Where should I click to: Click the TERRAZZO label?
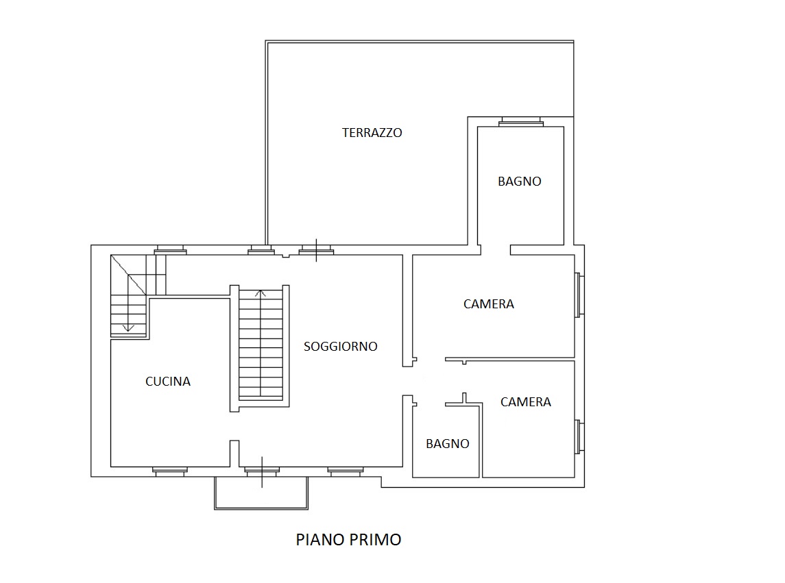[x=372, y=133]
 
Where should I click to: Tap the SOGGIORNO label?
[x=341, y=346]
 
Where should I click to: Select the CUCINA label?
[x=168, y=382]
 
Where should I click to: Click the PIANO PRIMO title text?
[x=348, y=539]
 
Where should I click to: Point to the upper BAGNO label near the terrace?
[x=520, y=181]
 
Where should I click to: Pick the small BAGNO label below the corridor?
[x=448, y=444]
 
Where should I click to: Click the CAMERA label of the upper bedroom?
[x=489, y=304]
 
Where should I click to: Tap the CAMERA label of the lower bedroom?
[x=526, y=402]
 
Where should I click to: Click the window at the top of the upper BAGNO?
[x=520, y=122]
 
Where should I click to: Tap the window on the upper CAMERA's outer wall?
[x=579, y=295]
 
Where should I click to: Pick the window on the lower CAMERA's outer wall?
[x=579, y=436]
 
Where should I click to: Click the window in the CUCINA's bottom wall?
[x=170, y=471]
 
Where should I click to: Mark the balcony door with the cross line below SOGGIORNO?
[x=262, y=471]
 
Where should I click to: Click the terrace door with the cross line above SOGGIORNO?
[x=317, y=250]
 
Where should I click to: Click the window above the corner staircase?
[x=170, y=250]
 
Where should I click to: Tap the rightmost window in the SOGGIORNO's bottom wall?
[x=346, y=471]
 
